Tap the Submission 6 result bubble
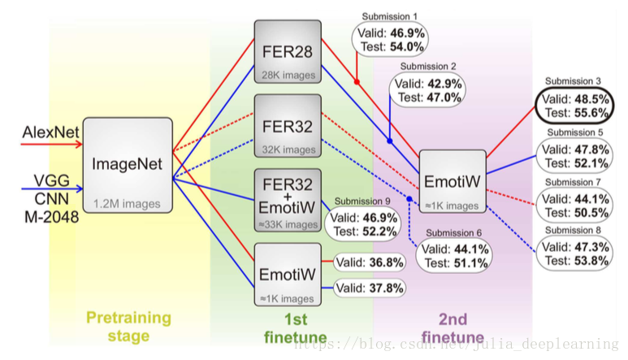pyautogui.click(x=457, y=256)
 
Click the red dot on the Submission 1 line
pyautogui.click(x=357, y=82)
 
